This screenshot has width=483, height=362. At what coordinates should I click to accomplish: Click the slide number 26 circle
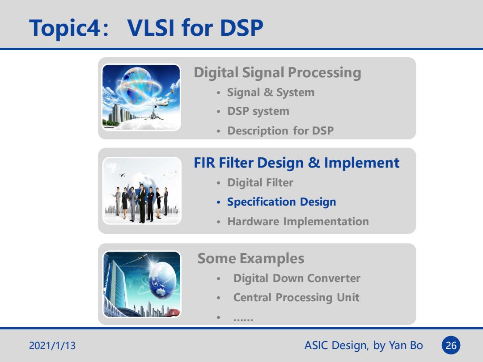point(451,345)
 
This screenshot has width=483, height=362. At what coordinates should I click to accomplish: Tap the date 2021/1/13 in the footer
point(52,345)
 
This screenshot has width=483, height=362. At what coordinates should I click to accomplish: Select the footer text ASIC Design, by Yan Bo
point(364,345)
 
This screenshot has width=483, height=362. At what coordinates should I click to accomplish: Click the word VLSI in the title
point(151,28)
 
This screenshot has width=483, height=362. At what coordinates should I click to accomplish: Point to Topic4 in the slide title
point(65,28)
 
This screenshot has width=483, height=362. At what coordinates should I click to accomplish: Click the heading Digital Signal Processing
point(277,73)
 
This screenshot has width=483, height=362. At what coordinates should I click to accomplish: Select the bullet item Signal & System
point(271,93)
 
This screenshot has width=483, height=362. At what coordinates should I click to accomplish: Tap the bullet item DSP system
point(258,111)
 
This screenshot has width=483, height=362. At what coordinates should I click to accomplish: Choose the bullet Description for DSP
point(280,130)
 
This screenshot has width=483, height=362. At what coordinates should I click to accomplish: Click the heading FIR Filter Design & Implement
point(297,163)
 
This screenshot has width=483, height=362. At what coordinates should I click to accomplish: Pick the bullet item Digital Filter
point(260,182)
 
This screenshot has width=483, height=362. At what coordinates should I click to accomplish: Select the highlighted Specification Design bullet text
point(282,202)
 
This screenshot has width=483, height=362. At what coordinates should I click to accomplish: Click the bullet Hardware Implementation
point(298,221)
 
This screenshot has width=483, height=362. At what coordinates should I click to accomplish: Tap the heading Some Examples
point(251,259)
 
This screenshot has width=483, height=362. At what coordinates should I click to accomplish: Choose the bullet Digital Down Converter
point(297,278)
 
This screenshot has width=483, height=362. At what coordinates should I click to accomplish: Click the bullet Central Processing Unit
point(296,298)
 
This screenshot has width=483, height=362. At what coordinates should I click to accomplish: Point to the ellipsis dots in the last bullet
point(243,320)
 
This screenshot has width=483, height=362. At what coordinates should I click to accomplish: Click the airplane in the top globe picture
point(157,103)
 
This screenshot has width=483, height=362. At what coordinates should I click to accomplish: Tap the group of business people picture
point(142,191)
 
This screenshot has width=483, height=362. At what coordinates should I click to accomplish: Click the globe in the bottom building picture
point(162,280)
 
